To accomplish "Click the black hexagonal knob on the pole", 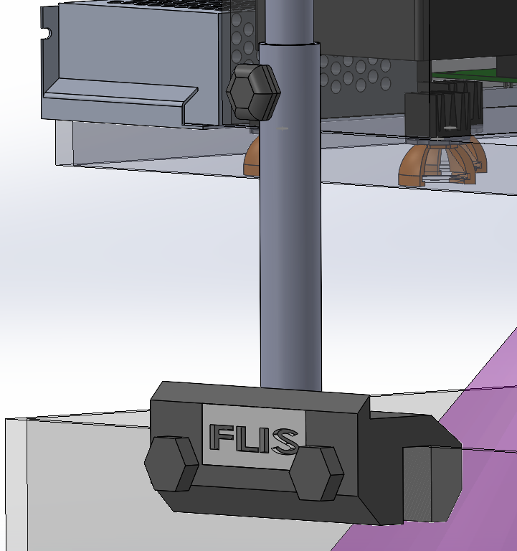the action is pyautogui.click(x=253, y=92).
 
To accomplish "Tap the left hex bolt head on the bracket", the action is pyautogui.click(x=171, y=463).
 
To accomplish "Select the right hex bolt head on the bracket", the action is pyautogui.click(x=317, y=473).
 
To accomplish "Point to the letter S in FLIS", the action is pyautogui.click(x=285, y=441).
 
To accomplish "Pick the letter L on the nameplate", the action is pyautogui.click(x=245, y=438).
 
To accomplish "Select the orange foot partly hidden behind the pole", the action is pyautogui.click(x=252, y=156).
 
